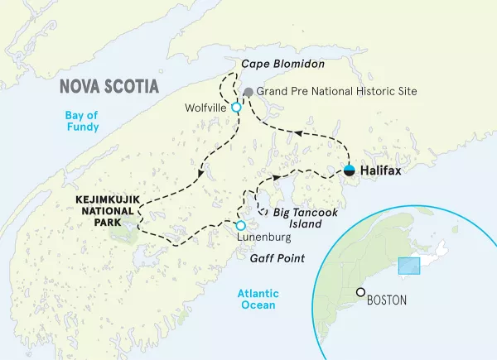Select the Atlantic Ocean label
pos(258,300)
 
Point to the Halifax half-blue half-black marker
pos(350,171)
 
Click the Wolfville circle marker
pos(236,108)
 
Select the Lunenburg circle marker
pos(240,225)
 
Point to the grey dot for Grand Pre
pos(248,91)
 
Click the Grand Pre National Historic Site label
pos(337,91)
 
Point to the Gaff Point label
pos(277,259)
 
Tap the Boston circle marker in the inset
pos(360,292)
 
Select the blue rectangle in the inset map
pos(409,266)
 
